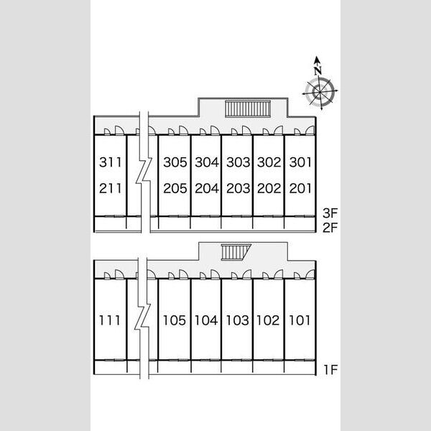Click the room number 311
110,162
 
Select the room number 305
175,162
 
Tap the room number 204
207,188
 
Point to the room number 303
238,162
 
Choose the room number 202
269,188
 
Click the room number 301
300,162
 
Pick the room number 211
110,188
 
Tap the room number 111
109,320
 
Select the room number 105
175,320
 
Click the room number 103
238,320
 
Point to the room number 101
300,320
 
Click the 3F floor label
330,213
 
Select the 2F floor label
330,228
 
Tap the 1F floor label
330,370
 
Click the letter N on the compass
318,70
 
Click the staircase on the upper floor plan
248,109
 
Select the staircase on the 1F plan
236,252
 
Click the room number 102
268,320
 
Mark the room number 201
300,188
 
